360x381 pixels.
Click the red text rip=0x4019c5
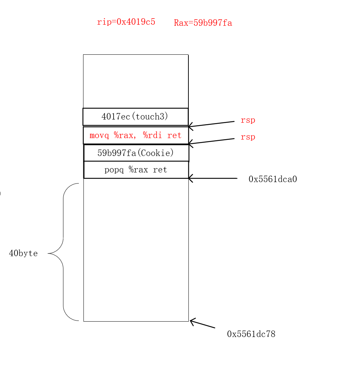tap(126, 22)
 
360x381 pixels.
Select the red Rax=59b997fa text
tap(203, 23)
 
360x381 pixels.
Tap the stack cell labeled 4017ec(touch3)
tap(135, 117)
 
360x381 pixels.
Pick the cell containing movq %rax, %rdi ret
tap(136, 136)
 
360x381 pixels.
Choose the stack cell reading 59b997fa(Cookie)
tap(136, 153)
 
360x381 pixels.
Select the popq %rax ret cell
tap(136, 170)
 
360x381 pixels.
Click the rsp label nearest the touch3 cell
tap(248, 120)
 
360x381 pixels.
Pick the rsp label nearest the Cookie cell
tap(248, 137)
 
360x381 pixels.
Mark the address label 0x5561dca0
tap(273, 179)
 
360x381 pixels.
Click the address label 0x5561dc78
tap(251, 334)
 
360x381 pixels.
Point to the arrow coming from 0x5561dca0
tap(213, 178)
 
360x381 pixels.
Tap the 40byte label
tap(23, 253)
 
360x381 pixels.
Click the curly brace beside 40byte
tap(63, 253)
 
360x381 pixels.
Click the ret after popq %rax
tap(160, 170)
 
